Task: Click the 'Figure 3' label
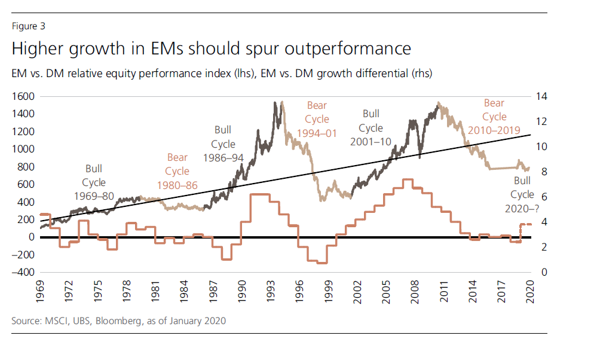28,26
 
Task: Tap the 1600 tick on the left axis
25,96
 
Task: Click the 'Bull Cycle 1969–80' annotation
94,182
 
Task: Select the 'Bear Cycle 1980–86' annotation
177,172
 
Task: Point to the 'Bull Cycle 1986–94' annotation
223,144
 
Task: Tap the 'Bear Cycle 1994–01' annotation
317,120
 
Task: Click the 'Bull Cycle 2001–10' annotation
371,127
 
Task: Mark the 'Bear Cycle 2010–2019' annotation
494,117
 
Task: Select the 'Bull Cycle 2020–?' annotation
522,195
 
